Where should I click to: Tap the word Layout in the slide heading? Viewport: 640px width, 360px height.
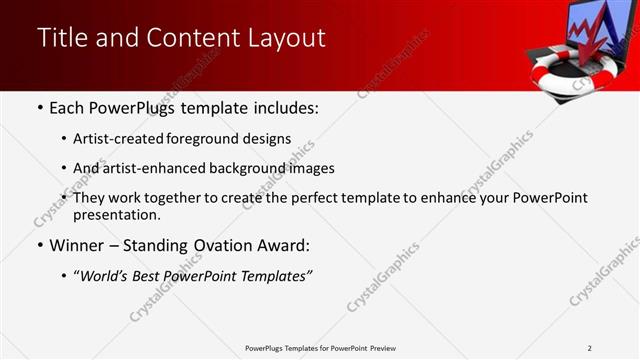[x=283, y=39]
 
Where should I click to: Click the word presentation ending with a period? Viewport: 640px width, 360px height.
[x=116, y=215]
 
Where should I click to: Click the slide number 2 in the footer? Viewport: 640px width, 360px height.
[x=589, y=348]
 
